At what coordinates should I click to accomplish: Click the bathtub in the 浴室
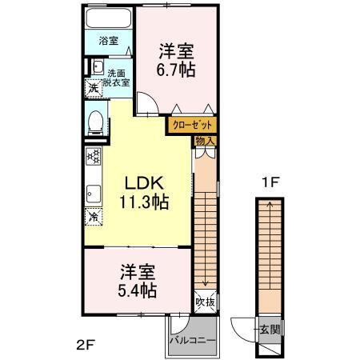tap(108, 19)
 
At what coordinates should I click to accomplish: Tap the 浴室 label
tap(108, 39)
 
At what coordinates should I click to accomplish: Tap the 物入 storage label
tap(205, 142)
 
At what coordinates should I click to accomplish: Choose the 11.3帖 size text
tap(144, 202)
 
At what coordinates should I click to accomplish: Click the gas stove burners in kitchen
tap(93, 157)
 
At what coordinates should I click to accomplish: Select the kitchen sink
tap(93, 192)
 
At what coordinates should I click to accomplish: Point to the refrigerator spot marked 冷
tap(94, 216)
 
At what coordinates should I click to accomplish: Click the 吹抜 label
tap(205, 302)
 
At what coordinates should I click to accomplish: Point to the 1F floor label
tap(269, 182)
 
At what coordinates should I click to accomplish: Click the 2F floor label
tap(86, 346)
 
